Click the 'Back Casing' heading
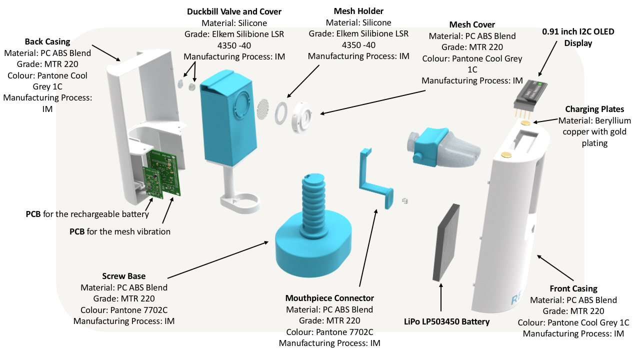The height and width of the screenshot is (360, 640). [47, 41]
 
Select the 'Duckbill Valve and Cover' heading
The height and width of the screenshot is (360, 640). [234, 11]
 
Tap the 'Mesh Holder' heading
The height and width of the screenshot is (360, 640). [358, 11]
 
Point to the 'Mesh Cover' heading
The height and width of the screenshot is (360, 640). [472, 24]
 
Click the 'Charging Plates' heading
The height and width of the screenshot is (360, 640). [594, 109]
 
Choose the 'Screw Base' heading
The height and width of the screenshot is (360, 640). [124, 276]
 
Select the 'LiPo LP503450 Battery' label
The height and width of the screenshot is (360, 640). [446, 321]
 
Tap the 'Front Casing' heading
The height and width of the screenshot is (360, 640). [573, 288]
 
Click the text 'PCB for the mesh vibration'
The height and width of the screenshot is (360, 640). [120, 231]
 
